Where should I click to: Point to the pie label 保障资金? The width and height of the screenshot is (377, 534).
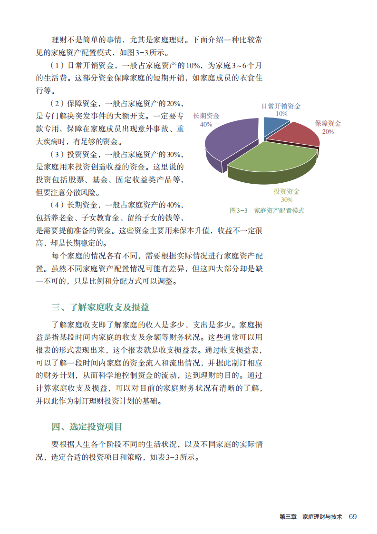(x=328, y=124)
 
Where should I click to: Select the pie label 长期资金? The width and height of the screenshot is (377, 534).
(x=206, y=116)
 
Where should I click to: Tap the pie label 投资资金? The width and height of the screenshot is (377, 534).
(x=286, y=191)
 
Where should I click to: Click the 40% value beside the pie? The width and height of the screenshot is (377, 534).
(x=206, y=124)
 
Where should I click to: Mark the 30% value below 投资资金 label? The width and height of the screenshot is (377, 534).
(x=286, y=199)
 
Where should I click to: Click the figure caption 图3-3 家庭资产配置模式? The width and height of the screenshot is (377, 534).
(x=267, y=210)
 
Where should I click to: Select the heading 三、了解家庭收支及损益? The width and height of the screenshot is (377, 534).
(x=103, y=307)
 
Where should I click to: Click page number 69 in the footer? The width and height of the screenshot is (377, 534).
(x=352, y=517)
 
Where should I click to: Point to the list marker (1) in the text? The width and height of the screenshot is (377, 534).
(x=57, y=65)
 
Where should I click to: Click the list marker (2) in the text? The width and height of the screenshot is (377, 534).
(x=57, y=103)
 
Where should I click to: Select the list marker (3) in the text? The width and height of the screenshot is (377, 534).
(x=57, y=155)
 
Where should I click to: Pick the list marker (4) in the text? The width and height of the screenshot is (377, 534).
(x=57, y=205)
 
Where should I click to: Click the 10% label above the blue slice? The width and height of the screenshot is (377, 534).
(x=281, y=114)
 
